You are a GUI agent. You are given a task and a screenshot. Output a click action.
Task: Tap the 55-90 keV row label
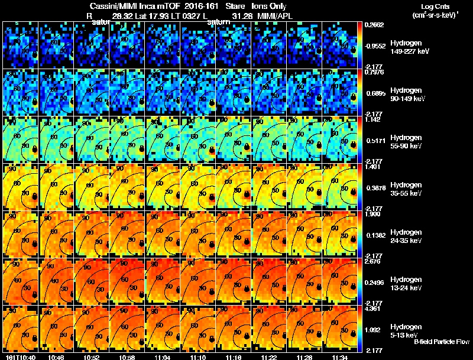coord(406,146)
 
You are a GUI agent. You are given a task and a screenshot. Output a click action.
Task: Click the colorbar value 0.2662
coord(375,25)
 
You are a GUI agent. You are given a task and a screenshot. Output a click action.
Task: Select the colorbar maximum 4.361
coord(374,309)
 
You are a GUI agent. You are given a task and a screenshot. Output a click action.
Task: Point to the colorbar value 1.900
coord(374,214)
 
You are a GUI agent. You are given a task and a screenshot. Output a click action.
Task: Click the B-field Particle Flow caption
coord(441,342)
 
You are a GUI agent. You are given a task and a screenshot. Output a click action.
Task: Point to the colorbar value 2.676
coord(374,261)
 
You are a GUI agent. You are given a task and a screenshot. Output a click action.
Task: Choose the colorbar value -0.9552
coord(375,44)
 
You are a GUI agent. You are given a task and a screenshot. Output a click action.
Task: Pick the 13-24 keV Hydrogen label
coord(406,287)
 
